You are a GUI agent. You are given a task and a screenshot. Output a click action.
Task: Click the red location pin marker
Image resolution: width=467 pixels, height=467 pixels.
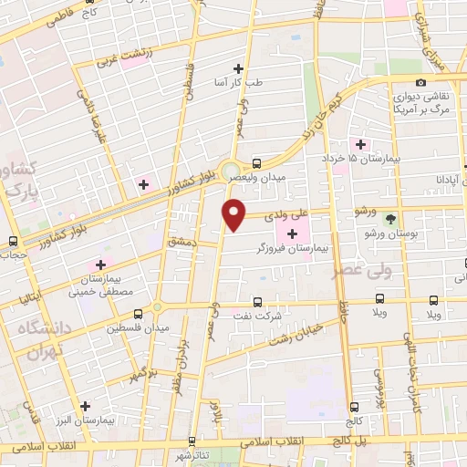tap(235, 213)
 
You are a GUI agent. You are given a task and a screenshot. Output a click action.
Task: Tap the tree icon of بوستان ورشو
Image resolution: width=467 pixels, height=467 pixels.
tap(391, 218)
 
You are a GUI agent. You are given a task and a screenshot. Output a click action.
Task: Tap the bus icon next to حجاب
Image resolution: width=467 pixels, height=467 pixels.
tap(12, 242)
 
